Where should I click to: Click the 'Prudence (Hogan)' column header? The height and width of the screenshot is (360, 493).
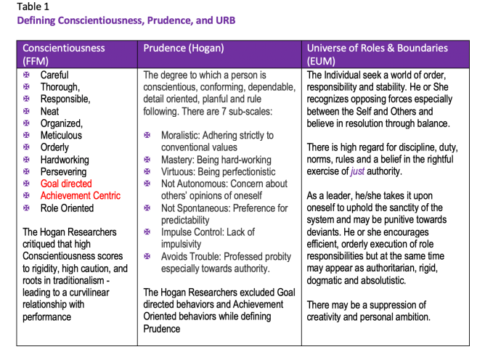point(184,49)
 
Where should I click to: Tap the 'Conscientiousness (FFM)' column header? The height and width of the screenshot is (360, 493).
point(64,54)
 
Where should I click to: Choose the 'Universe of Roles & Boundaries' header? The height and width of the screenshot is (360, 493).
point(378,49)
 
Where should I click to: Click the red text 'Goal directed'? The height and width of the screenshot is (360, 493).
point(66,184)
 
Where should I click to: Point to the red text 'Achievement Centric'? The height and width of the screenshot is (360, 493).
point(80,196)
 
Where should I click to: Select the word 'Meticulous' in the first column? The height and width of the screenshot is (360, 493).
point(61,135)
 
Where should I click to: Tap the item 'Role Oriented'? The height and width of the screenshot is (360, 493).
point(67,208)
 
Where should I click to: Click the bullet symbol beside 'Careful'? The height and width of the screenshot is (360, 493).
point(27,75)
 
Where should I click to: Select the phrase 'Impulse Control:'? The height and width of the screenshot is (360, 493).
point(195,232)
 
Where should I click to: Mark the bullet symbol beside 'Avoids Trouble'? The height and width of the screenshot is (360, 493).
point(147,257)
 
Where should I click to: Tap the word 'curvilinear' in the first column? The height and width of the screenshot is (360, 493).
point(97,293)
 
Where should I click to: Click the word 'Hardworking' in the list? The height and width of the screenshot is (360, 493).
point(65,160)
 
